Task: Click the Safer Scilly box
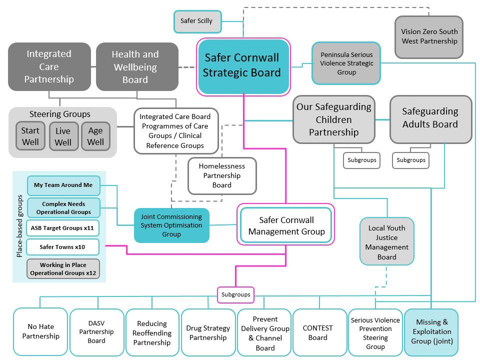[196, 21]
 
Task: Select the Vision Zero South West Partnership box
[429, 36]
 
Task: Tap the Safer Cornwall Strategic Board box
[243, 65]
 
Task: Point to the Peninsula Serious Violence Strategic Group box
[346, 63]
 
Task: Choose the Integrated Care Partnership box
[49, 66]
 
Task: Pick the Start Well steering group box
[30, 136]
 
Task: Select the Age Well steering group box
[95, 136]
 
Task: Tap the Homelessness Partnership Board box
[222, 176]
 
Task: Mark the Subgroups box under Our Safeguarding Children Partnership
[361, 160]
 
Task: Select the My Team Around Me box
[63, 185]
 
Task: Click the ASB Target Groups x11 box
[63, 228]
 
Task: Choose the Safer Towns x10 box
[63, 247]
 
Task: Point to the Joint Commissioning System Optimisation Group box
[171, 225]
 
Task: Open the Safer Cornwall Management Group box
[286, 226]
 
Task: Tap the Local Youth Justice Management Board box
[387, 242]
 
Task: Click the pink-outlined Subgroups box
[235, 294]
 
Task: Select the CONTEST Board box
[318, 332]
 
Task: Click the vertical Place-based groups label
[19, 227]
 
